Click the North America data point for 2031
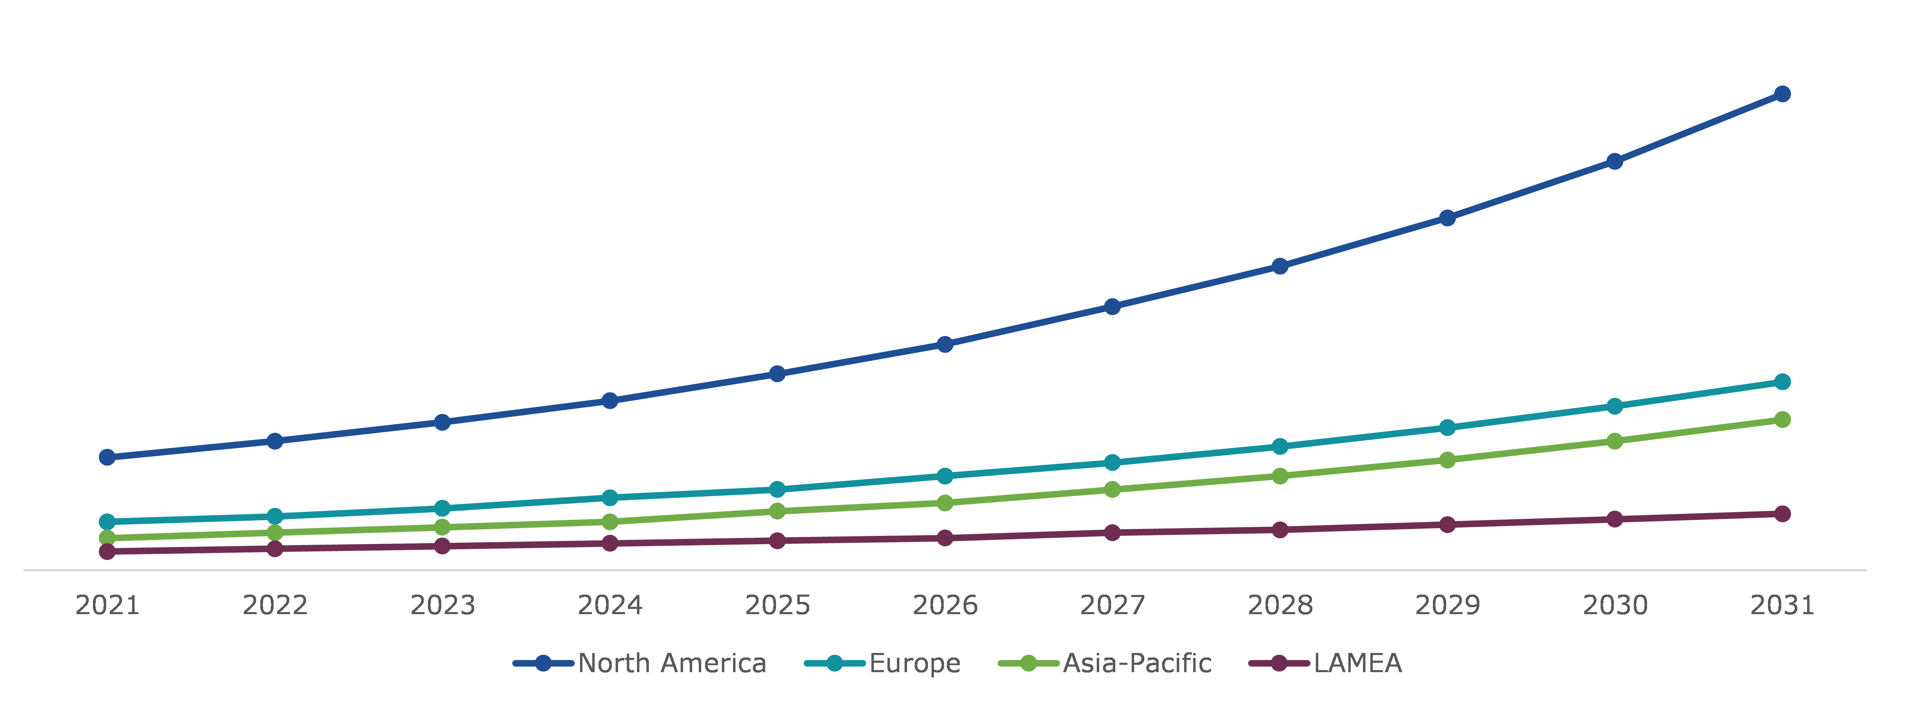[1782, 94]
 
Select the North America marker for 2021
[107, 457]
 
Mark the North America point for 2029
[1447, 218]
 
